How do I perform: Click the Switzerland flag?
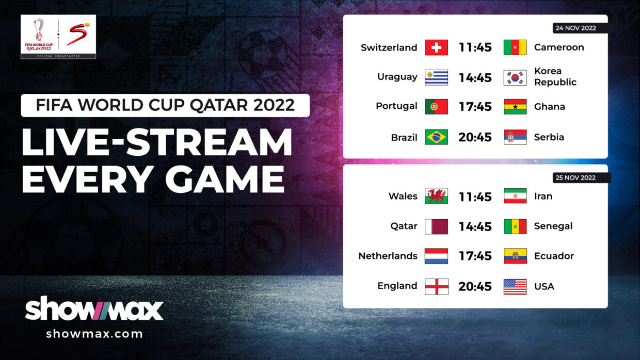[x=436, y=47]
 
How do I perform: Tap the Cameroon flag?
[x=515, y=47]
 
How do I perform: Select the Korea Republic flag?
[x=515, y=78]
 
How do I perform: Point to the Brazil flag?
[x=436, y=137]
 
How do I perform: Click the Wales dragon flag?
[x=436, y=196]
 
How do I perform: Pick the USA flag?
[x=515, y=287]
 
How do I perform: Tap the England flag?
[x=437, y=287]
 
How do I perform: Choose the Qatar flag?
[x=436, y=227]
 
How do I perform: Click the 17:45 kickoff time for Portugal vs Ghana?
[x=475, y=107]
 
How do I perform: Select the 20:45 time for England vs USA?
[x=475, y=287]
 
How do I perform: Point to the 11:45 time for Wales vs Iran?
[x=475, y=197]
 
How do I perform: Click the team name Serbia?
[x=549, y=137]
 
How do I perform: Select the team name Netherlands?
[x=388, y=256]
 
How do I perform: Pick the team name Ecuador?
[x=554, y=256]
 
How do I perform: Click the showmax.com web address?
[x=94, y=334]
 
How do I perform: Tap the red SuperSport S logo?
[x=78, y=34]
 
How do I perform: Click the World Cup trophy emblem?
[x=39, y=30]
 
